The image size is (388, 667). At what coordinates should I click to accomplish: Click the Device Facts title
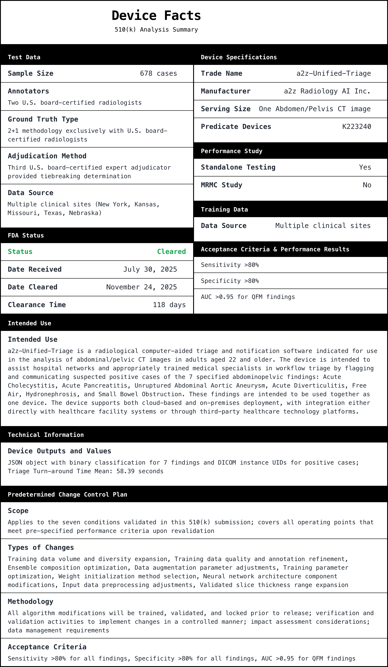tap(156, 16)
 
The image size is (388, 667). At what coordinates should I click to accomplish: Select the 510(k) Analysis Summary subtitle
tap(156, 30)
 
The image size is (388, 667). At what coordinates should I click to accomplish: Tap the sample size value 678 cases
tap(158, 74)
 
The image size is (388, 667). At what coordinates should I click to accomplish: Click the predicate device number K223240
tap(356, 127)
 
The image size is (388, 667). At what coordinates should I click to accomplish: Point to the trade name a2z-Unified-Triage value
tap(333, 74)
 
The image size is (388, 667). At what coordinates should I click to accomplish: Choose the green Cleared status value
tap(171, 252)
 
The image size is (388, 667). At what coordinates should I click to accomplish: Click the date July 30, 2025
tap(150, 269)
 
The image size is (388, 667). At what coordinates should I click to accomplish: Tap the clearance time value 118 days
tap(169, 305)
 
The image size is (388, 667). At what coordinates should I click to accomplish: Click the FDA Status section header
tap(26, 236)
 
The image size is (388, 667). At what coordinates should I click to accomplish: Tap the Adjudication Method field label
tap(47, 156)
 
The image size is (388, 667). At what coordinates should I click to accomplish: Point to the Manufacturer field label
tap(226, 91)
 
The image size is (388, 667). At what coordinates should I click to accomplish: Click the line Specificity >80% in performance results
tap(230, 281)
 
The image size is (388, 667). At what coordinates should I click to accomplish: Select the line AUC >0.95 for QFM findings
tap(248, 297)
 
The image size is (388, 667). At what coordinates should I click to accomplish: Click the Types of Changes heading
tap(41, 548)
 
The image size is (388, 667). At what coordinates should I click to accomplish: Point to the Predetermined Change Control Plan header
tap(67, 495)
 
